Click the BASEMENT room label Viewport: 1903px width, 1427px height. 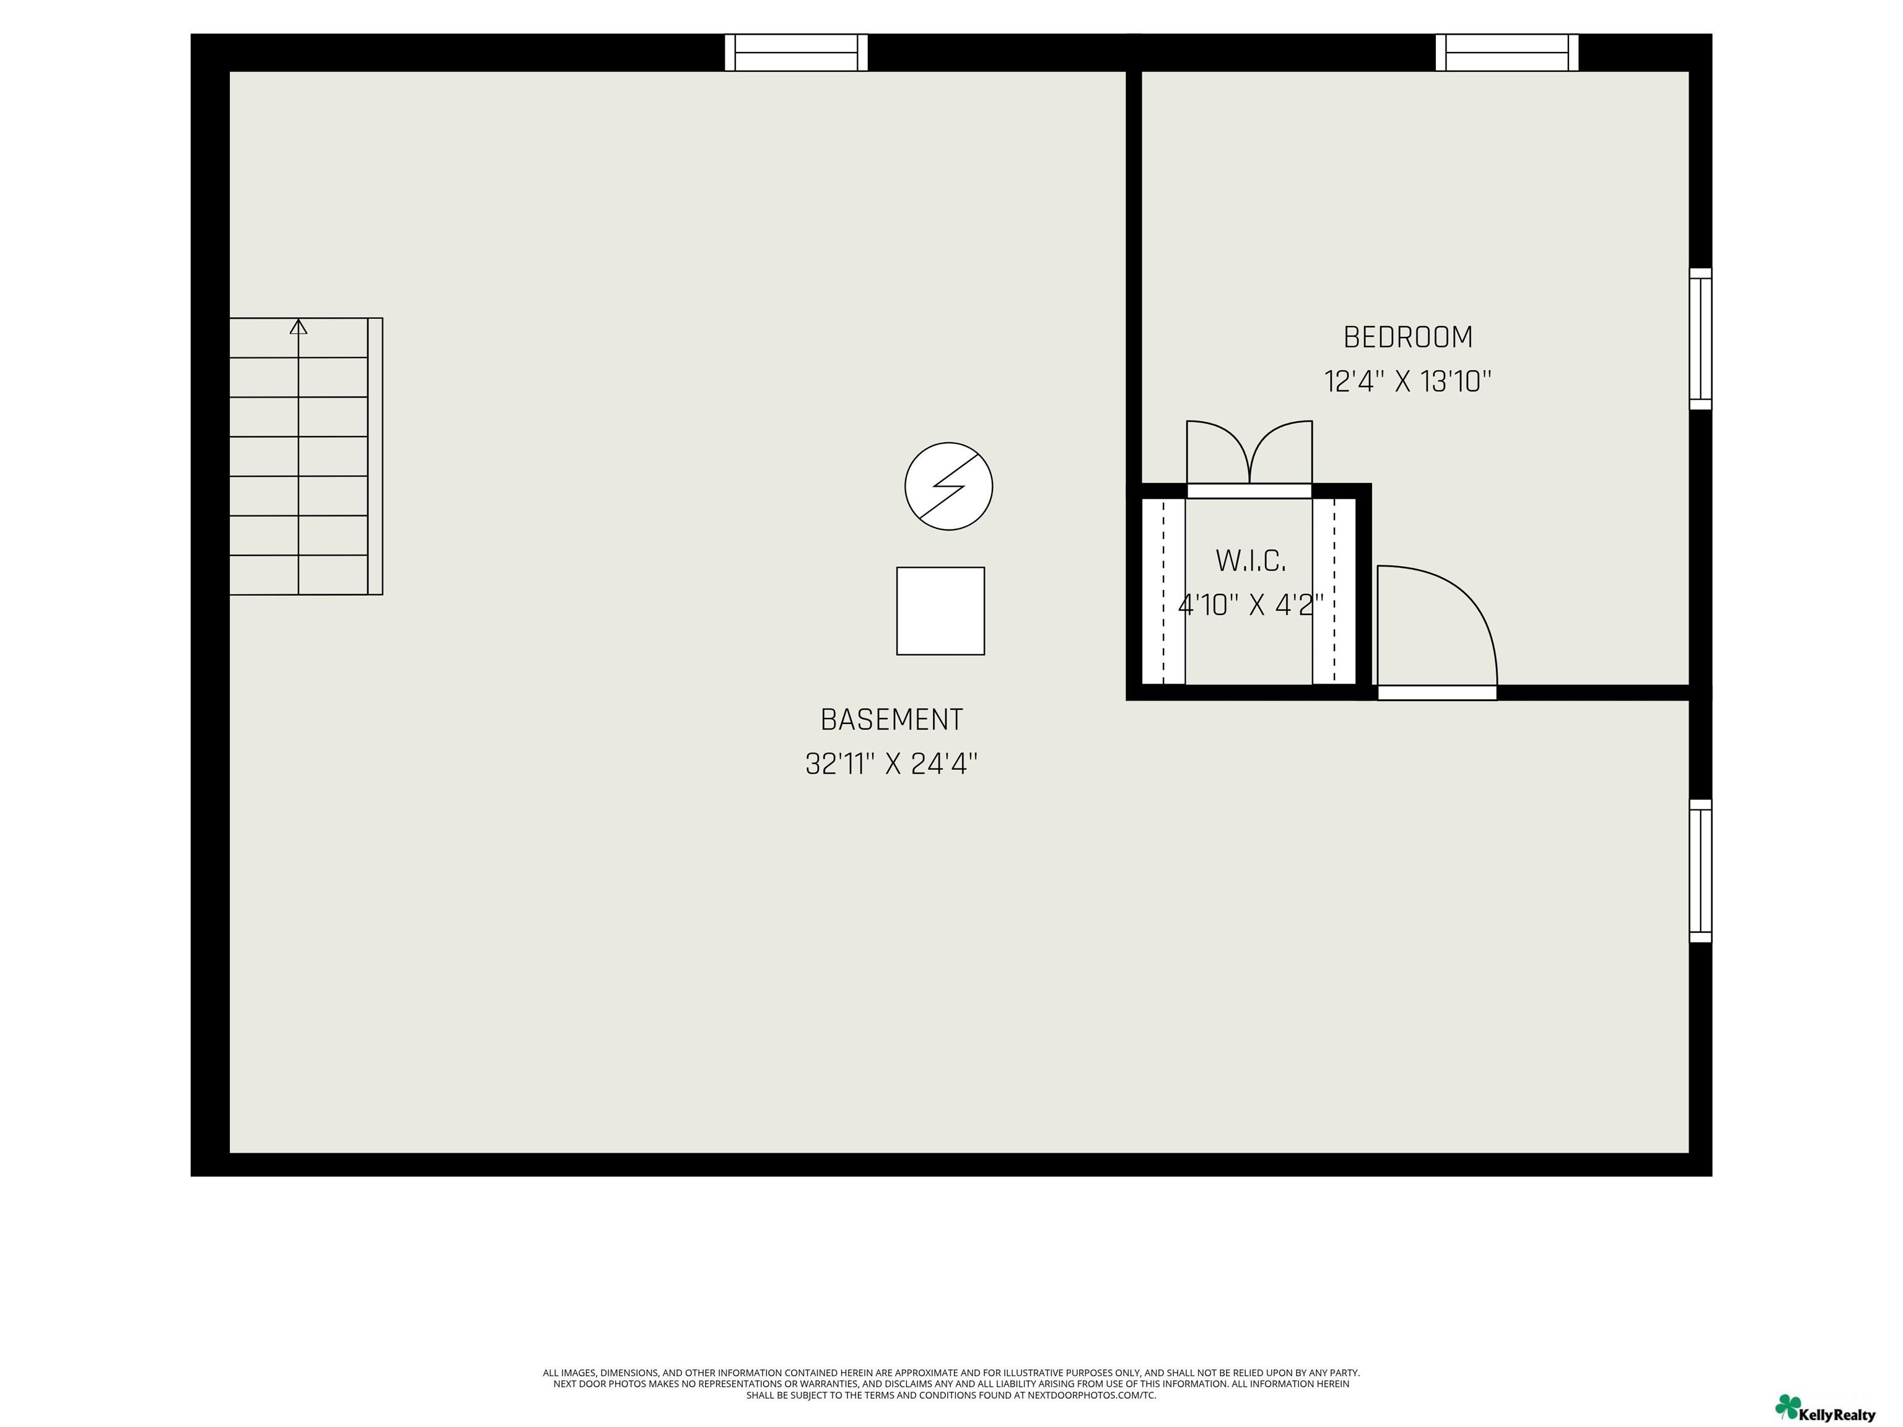(x=891, y=719)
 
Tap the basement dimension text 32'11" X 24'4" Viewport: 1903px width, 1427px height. (x=891, y=764)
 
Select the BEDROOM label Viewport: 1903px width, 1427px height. (x=1407, y=337)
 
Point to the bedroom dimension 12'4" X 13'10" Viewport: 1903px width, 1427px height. (x=1407, y=381)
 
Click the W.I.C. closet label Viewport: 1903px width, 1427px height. (x=1250, y=561)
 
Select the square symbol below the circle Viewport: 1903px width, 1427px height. (x=940, y=611)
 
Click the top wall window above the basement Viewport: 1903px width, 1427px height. (x=796, y=53)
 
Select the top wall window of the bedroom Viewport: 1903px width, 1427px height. (x=1507, y=53)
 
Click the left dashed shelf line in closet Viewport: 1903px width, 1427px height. (x=1164, y=591)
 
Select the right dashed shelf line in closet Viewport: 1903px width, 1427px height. (x=1334, y=591)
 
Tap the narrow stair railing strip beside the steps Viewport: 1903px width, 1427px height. (x=375, y=456)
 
